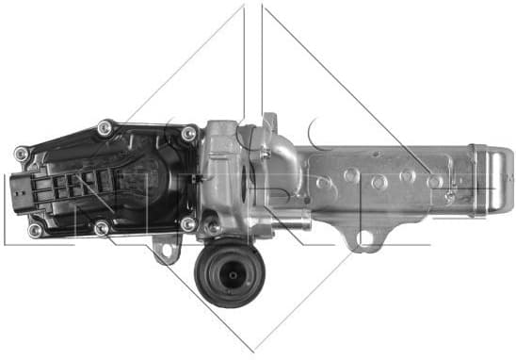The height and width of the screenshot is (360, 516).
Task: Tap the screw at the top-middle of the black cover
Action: [105, 125]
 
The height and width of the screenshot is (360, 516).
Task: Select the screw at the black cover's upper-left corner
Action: [21, 153]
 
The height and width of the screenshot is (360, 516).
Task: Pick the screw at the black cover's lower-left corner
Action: [35, 230]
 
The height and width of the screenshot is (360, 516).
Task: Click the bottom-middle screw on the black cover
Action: [102, 227]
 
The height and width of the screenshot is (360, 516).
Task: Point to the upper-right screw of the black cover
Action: [188, 134]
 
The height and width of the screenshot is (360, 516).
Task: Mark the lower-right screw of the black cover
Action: [187, 224]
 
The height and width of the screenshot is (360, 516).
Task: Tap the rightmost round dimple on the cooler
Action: [434, 180]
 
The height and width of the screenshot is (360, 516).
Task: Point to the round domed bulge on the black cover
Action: [141, 174]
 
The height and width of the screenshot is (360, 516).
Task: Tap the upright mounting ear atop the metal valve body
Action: [269, 125]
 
